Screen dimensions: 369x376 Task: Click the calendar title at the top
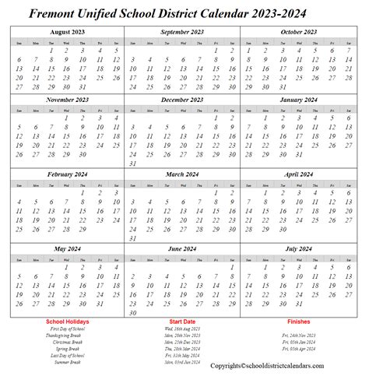tap(184, 12)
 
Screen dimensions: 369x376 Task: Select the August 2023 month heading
tap(67, 32)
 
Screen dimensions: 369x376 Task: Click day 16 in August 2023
tap(67, 69)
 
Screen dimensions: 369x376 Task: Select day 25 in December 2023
tap(149, 155)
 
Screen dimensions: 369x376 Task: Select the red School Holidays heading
tap(67, 322)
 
